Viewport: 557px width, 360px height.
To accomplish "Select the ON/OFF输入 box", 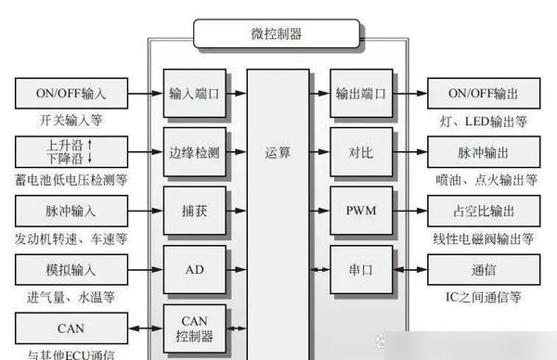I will pos(71,94).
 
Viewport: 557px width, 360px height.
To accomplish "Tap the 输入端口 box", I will pos(194,94).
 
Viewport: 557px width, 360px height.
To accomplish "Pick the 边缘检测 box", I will pos(194,152).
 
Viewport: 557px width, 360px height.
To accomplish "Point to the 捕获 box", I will pos(194,211).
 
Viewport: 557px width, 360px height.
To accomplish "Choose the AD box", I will pos(194,270).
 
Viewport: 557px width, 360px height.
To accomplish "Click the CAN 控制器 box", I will pos(194,327).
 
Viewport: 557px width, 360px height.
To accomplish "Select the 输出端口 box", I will pos(354,94).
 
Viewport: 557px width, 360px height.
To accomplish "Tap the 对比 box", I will pos(354,152).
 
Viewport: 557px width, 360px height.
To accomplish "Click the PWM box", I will pos(354,211).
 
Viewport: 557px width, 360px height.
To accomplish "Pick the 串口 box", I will pos(354,270).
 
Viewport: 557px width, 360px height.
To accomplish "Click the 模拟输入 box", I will pos(71,270).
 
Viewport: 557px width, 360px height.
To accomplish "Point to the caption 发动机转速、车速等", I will pos(71,238).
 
